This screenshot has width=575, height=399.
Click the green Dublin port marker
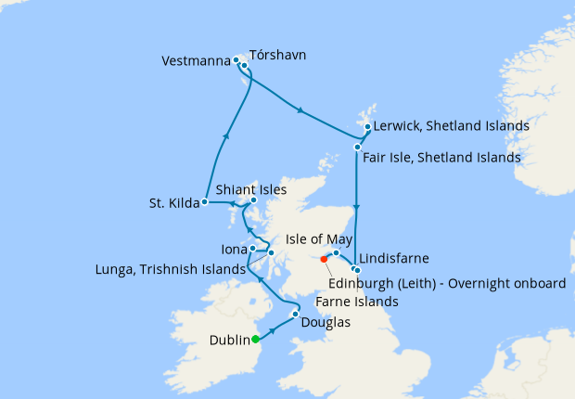point(255,340)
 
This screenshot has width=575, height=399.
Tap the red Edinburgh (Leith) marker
point(324,259)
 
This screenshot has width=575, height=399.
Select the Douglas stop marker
point(295,315)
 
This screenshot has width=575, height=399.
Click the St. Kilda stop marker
point(205,201)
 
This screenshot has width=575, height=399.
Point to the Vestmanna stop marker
point(236,60)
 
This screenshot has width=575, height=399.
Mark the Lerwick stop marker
point(367,127)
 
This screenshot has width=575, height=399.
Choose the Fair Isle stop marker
point(357,147)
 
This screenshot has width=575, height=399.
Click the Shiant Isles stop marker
point(253,199)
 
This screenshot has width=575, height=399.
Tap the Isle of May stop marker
point(337,252)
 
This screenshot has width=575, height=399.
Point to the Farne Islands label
point(357,302)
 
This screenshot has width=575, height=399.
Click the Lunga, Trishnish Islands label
point(171,269)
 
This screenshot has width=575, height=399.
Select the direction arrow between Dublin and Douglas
point(274,328)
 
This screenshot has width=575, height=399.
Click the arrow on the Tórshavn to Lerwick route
point(299,111)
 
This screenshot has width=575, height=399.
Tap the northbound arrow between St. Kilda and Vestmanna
point(227,135)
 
